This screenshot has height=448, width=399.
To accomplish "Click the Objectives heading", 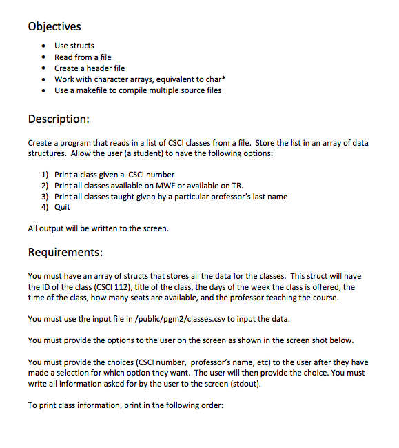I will tap(54, 27).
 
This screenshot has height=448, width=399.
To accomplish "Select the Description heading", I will tap(59, 119).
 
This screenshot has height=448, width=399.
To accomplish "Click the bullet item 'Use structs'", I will tap(74, 46).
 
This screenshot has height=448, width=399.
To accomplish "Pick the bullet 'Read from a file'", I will tap(83, 57).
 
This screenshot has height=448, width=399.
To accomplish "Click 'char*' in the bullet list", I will tap(216, 79).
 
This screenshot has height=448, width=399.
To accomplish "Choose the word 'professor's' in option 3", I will tap(246, 197).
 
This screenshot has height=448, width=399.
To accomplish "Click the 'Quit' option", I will tap(62, 208).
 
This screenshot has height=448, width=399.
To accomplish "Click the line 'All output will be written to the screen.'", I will tap(98, 228).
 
